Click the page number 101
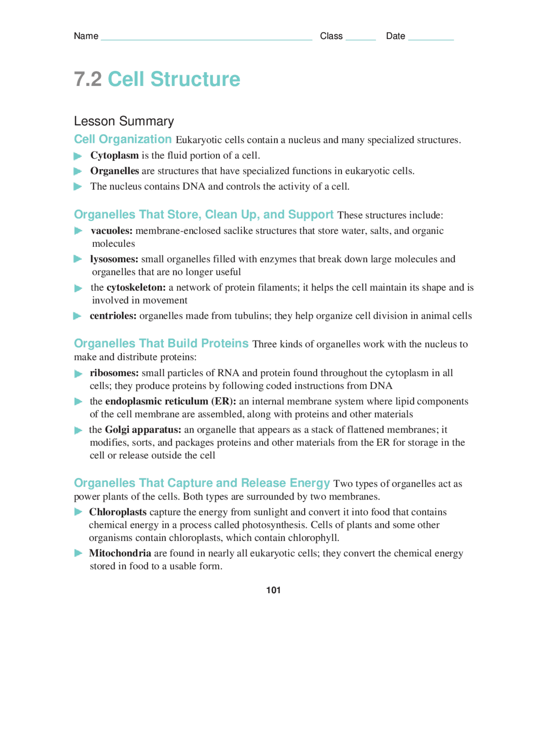[273, 590]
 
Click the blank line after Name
[206, 38]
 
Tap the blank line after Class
[360, 38]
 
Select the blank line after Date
[431, 38]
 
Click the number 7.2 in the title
[87, 79]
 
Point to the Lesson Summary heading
[124, 121]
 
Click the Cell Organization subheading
[123, 140]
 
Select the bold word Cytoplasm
[114, 155]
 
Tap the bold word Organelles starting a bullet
[114, 171]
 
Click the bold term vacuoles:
[112, 231]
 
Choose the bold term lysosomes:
[114, 259]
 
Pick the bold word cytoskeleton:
[136, 288]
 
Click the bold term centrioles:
[113, 316]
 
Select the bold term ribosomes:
[114, 373]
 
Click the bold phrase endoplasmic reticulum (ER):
[170, 401]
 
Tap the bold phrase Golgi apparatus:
[143, 430]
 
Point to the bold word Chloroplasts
[118, 512]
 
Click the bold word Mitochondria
[120, 553]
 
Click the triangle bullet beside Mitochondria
[78, 553]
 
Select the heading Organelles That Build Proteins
[161, 343]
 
